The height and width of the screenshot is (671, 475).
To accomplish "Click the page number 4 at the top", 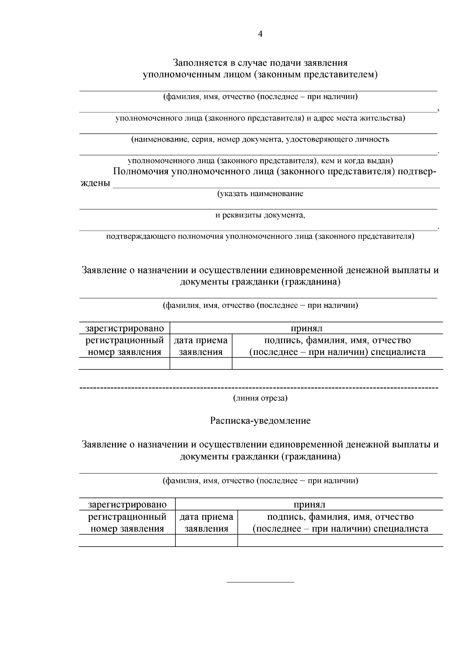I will [260, 34].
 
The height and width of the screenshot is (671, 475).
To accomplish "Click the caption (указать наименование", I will [260, 194].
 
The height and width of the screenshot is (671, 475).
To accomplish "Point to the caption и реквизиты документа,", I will [260, 215].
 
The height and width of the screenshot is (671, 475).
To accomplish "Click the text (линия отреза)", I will [260, 398].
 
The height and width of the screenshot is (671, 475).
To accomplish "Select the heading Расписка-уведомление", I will [260, 420].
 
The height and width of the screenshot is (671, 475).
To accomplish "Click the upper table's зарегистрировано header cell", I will [124, 328].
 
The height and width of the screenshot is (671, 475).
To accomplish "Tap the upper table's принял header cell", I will [306, 328].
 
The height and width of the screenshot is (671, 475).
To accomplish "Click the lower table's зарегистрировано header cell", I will [127, 505].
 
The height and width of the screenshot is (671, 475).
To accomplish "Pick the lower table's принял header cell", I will [309, 505].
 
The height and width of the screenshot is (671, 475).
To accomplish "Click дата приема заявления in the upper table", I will [201, 346].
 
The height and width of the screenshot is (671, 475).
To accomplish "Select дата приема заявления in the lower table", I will [206, 522].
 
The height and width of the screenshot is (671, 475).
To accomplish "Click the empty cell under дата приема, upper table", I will [201, 364].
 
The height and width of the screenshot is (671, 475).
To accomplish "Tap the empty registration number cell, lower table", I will [127, 541].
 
